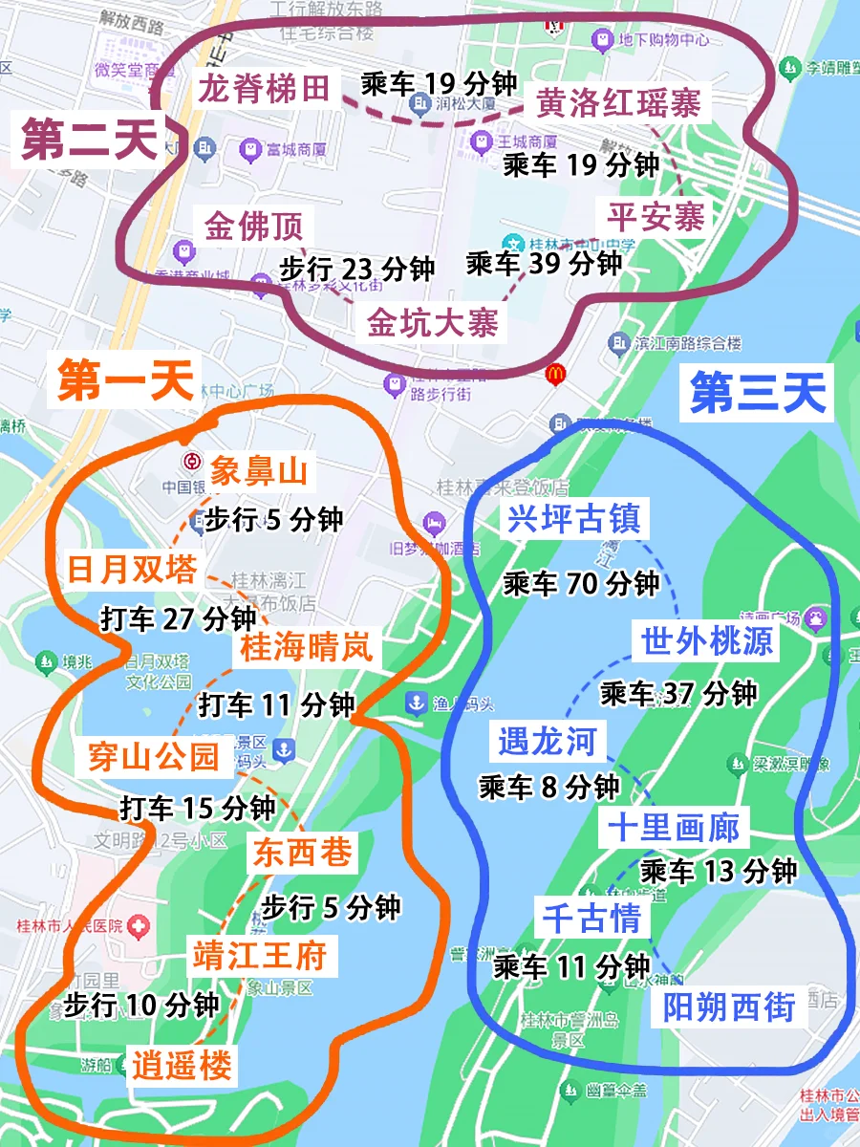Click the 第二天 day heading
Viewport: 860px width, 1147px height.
(89, 141)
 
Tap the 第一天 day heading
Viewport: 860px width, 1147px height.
(125, 381)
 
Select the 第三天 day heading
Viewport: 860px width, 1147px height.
(758, 393)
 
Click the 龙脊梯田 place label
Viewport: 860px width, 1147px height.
(265, 89)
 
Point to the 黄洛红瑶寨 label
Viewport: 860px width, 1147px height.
(618, 102)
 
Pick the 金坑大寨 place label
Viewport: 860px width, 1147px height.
(433, 323)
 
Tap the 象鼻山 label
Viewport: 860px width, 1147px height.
(258, 470)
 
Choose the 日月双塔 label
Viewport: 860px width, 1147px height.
(132, 571)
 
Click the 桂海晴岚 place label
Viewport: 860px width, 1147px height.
(306, 650)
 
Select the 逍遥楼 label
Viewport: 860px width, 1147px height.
(182, 1066)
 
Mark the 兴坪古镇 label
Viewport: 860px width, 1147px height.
(573, 520)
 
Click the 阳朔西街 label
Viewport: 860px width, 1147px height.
(729, 1007)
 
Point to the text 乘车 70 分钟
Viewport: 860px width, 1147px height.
(581, 582)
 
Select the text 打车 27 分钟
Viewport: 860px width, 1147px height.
(179, 618)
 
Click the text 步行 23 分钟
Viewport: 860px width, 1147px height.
(356, 269)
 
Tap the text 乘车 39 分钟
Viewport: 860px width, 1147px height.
(544, 262)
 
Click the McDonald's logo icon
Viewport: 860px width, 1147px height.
(553, 374)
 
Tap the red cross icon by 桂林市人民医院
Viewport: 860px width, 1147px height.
(140, 925)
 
